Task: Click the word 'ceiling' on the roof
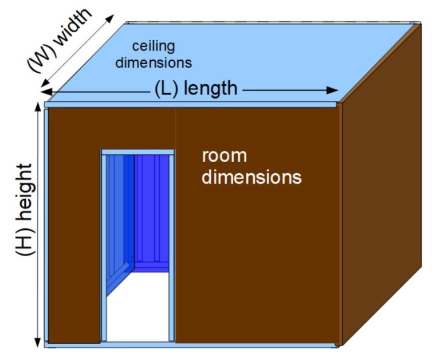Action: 154,45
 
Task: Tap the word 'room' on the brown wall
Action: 223,156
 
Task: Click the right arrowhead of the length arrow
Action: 333,91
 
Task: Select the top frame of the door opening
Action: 137,152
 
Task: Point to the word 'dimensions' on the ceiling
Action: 154,61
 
